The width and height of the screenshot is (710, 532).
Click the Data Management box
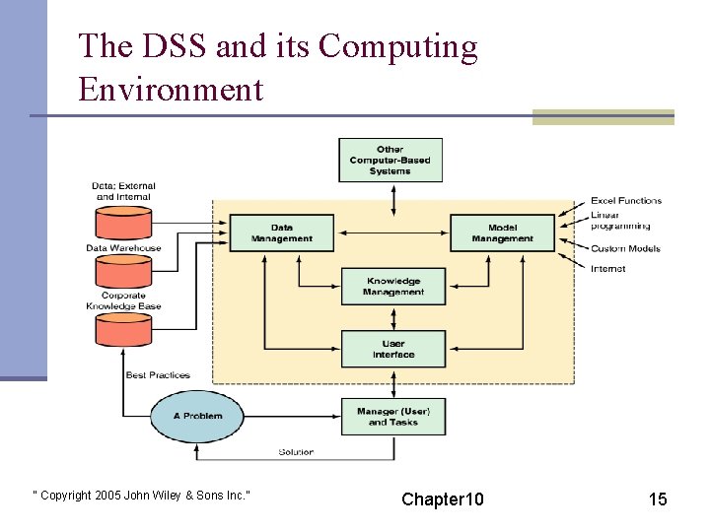[x=281, y=233]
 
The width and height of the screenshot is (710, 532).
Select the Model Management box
[x=502, y=233]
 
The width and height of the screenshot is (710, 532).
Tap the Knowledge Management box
[x=393, y=286]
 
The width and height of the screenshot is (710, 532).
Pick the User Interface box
[x=393, y=349]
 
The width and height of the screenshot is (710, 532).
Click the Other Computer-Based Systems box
[x=390, y=161]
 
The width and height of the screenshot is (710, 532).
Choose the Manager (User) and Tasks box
[x=393, y=417]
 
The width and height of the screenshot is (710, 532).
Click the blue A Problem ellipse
[x=198, y=416]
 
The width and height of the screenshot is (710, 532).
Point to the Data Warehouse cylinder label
[x=123, y=248]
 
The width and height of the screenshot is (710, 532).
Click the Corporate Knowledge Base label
[x=123, y=300]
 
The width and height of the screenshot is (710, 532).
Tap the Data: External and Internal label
[x=123, y=191]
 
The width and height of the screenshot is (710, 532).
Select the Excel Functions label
[x=626, y=201]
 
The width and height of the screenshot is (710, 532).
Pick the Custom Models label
[x=625, y=248]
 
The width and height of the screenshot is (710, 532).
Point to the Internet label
[x=607, y=268]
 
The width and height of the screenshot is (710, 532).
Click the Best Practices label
[x=158, y=375]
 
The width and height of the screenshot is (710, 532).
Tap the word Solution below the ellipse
[x=296, y=452]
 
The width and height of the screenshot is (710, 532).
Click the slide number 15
[x=658, y=499]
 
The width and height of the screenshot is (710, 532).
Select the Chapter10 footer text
[x=443, y=499]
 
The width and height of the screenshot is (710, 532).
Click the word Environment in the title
[x=171, y=90]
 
